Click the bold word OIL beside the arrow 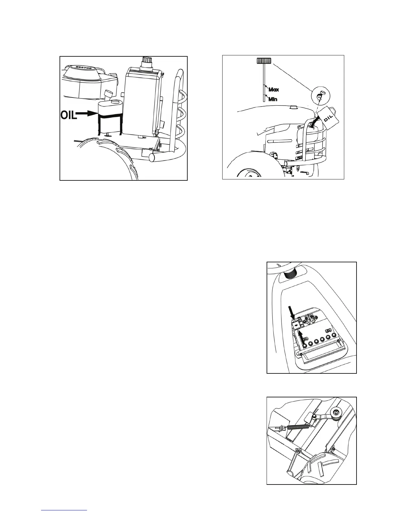(x=69, y=115)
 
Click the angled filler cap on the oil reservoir (x=109, y=95)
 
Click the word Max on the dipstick (x=274, y=90)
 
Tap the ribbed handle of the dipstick (x=264, y=60)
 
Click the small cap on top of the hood (x=293, y=107)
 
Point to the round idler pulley (x=336, y=413)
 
